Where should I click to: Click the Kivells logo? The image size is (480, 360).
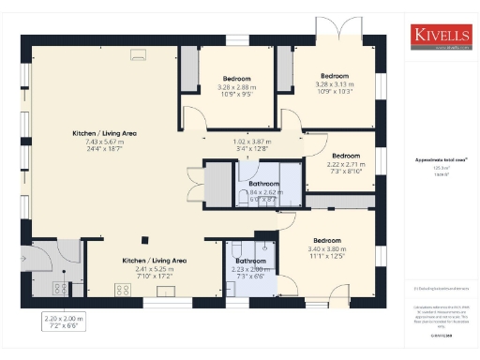point(440,36)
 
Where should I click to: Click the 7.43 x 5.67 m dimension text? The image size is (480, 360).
point(104,142)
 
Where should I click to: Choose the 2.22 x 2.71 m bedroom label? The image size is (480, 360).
point(345,163)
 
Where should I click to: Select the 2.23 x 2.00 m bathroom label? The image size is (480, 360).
point(250,268)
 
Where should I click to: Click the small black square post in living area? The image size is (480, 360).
point(144,236)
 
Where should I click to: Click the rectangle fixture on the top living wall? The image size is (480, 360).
point(136,53)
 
